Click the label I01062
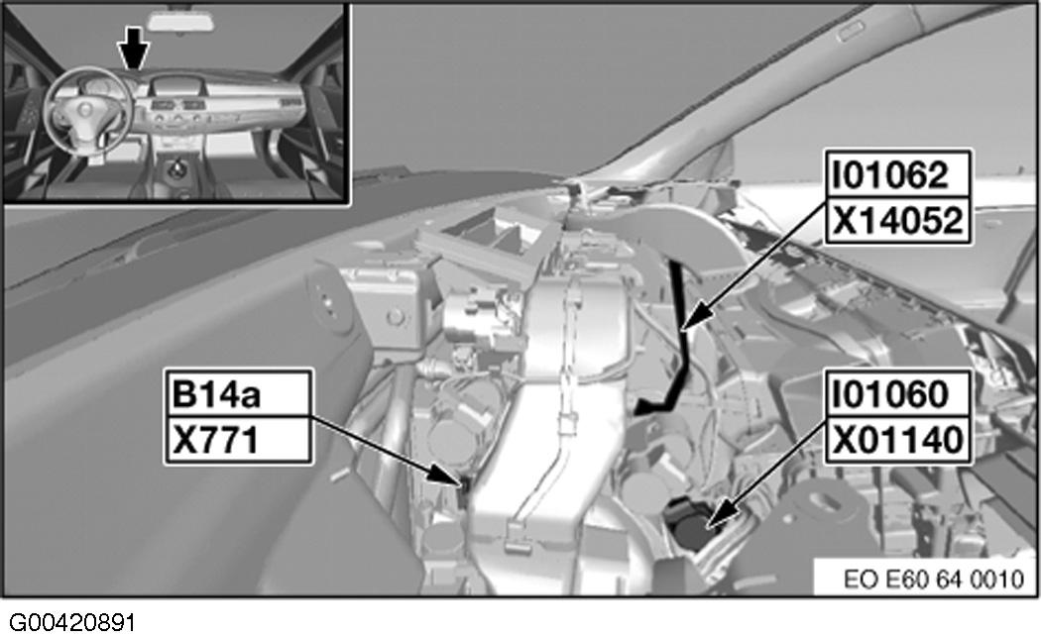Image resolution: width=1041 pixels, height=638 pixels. (890, 175)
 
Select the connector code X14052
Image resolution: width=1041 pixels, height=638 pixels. (897, 221)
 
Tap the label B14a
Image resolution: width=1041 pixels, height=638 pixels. (216, 394)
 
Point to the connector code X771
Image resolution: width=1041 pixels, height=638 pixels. (215, 441)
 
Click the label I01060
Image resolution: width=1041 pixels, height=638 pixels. (890, 394)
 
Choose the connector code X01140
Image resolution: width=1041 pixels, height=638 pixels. (897, 440)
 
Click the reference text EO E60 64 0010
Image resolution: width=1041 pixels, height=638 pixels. (934, 580)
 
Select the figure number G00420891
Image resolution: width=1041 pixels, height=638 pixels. (72, 623)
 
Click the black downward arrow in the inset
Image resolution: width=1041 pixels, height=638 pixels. (134, 48)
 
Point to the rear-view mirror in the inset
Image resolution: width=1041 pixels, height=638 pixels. (181, 21)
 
